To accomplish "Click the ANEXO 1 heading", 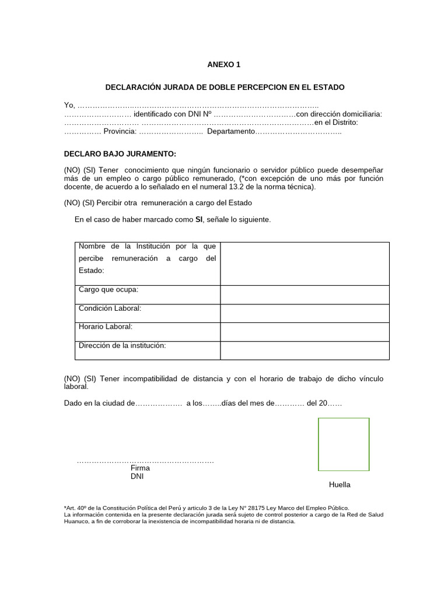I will point(225,65).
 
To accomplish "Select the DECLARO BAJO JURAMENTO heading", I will point(120,154).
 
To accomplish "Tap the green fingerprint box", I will point(344,444).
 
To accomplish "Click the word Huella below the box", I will point(339,485).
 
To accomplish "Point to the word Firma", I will point(141,468).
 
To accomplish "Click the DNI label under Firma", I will point(137,476).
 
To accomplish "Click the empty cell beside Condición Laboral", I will point(304,313).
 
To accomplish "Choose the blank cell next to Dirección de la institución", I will point(304,350).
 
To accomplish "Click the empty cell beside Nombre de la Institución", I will point(304,264).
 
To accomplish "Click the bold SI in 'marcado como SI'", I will point(199,219).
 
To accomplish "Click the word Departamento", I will point(231,132).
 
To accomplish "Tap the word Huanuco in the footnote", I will point(78,522).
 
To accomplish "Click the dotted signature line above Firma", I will point(145,461).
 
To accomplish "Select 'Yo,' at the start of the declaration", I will point(69,105).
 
